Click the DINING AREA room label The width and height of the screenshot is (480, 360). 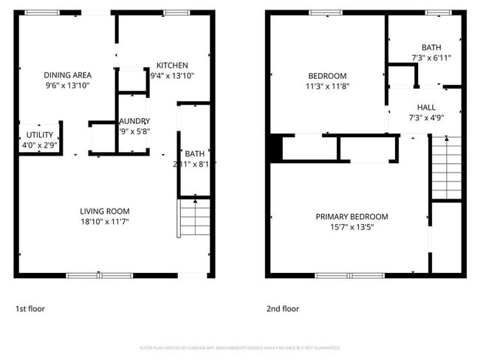tap(67, 75)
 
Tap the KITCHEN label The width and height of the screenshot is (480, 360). tap(171, 65)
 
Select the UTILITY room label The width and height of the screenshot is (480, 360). tap(40, 135)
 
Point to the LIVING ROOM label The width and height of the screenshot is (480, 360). tap(104, 211)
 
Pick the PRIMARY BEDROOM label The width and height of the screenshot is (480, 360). tap(352, 216)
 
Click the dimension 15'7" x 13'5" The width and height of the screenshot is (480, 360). tap(352, 226)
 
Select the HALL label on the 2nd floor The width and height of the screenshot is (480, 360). tap(426, 107)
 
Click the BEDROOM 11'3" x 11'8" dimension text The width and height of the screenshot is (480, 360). tap(327, 86)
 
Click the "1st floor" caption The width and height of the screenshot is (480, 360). tap(30, 308)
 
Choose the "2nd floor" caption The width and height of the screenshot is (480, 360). tap(283, 308)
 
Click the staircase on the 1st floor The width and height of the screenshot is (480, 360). tap(194, 218)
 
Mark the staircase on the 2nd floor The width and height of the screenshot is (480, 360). tap(445, 168)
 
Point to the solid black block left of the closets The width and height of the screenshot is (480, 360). tap(275, 148)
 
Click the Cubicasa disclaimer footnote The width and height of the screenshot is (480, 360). tap(240, 347)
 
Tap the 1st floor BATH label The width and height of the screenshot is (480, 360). tap(194, 153)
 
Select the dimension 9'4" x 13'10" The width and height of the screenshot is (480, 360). tap(171, 75)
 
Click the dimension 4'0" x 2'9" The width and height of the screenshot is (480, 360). tap(40, 145)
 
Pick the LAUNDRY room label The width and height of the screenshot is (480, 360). tap(134, 121)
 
